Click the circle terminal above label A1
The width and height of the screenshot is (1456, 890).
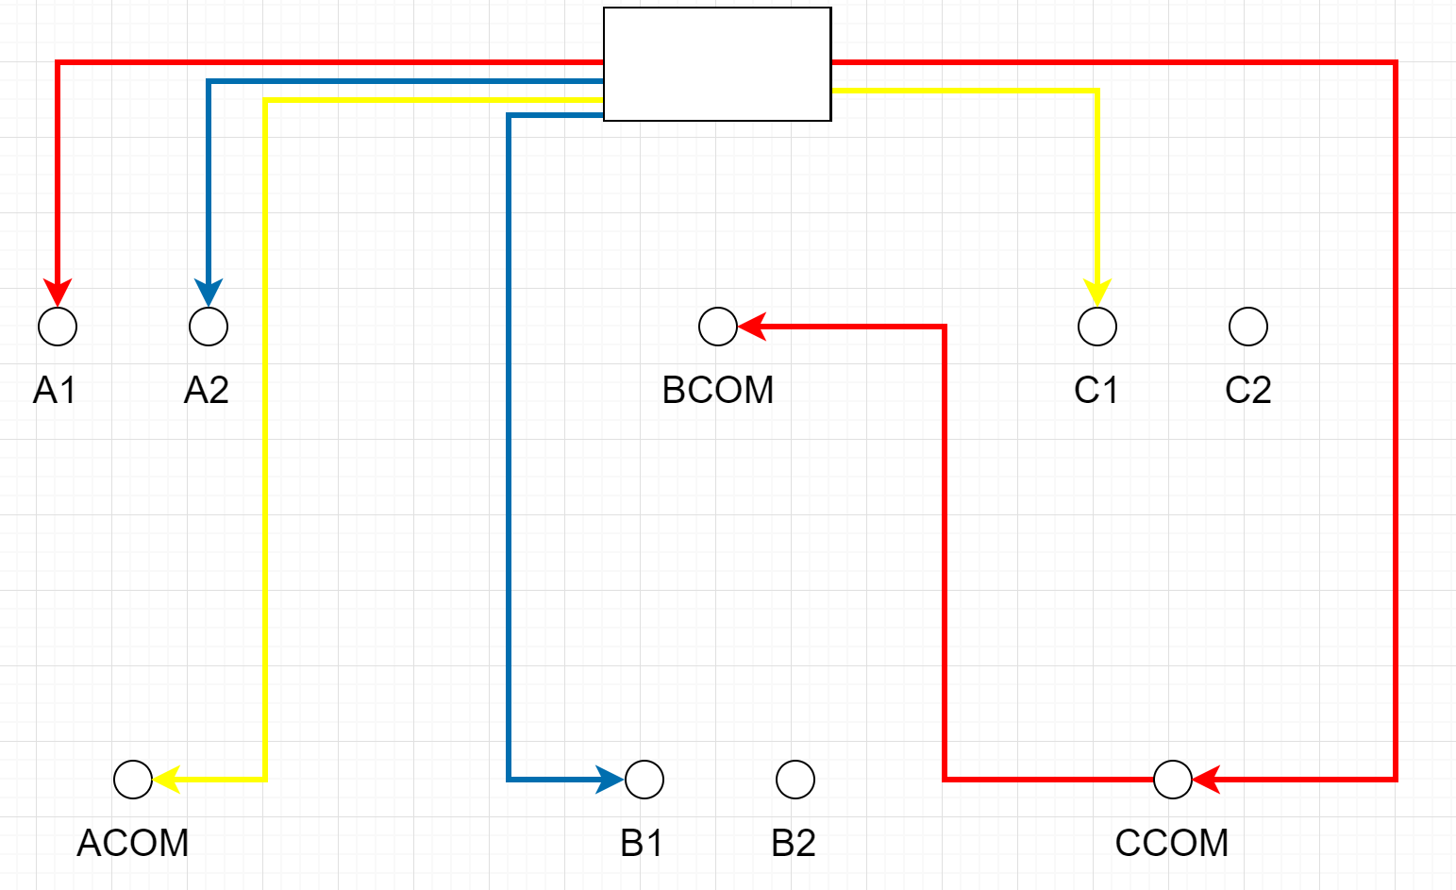[x=58, y=327]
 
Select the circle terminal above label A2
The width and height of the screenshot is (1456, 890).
[x=209, y=327]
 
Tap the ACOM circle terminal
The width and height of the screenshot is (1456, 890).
[x=133, y=780]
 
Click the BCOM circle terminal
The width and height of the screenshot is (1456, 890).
[x=718, y=327]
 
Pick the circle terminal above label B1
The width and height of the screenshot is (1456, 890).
[x=644, y=780]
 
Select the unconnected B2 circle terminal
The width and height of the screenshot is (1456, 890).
[x=795, y=780]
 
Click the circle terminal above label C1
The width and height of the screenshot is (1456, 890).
[x=1097, y=327]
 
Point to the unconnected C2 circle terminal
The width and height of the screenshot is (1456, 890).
[x=1248, y=327]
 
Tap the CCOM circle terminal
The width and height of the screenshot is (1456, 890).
[x=1173, y=780]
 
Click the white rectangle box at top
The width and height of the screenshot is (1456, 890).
[x=717, y=64]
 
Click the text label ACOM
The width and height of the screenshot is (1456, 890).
[x=133, y=843]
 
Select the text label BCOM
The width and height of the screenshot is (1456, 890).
[x=718, y=390]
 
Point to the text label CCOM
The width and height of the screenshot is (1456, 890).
[x=1172, y=843]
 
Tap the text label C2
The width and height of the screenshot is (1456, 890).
[x=1248, y=390]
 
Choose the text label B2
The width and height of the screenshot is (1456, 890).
[x=794, y=843]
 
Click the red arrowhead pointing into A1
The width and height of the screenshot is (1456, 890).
[x=58, y=293]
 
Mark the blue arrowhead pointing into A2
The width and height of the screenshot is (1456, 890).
[x=209, y=293]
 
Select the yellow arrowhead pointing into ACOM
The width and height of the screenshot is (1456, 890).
[x=167, y=780]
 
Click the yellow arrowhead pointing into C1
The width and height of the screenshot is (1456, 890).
[x=1097, y=293]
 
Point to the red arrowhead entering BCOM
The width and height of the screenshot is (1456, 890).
[x=752, y=327]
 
